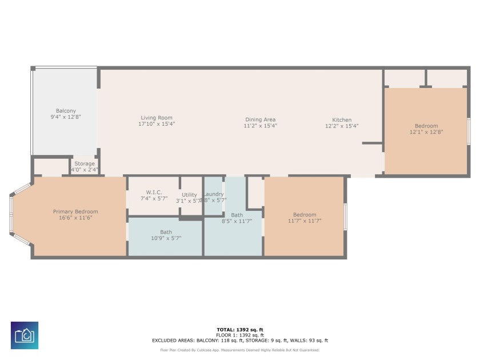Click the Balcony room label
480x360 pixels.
coord(66,111)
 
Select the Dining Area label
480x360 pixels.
coord(260,119)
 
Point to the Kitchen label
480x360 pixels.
coord(342,120)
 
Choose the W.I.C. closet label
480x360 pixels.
coord(154,192)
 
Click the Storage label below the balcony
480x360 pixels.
coord(84,164)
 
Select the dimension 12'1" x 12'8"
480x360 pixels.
coord(426,132)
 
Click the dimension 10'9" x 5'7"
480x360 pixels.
coord(166,238)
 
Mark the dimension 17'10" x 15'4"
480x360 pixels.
coord(157,124)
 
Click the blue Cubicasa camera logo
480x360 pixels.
coord(25,335)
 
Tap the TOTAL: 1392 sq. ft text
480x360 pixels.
coord(240,330)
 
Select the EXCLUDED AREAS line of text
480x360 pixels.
coord(240,341)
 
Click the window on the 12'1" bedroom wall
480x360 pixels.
coord(469,131)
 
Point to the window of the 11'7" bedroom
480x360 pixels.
coord(345,217)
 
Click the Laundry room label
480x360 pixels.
coord(214,194)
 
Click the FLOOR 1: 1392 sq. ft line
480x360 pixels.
coord(240,335)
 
